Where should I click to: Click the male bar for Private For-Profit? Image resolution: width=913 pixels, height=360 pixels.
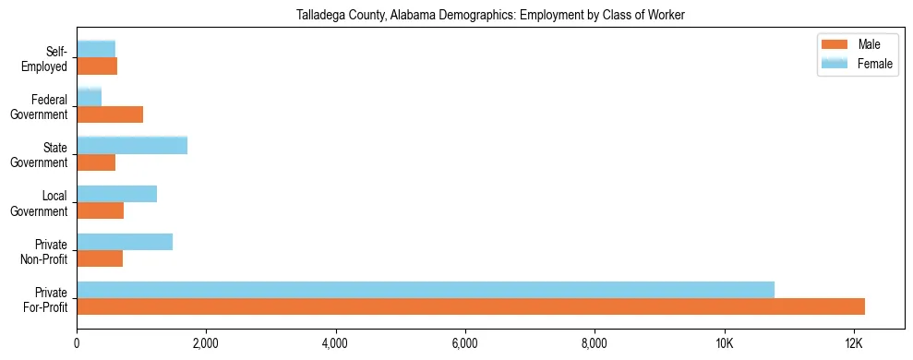[471, 306]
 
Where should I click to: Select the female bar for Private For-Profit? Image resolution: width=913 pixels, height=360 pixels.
[426, 290]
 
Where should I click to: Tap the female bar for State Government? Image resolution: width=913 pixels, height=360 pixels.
[132, 145]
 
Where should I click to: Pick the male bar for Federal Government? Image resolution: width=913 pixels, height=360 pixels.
[110, 114]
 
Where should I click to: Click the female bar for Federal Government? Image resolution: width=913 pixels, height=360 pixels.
[90, 97]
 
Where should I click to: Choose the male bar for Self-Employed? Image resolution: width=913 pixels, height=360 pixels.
[97, 66]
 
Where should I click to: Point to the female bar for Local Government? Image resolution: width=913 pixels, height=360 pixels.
[117, 194]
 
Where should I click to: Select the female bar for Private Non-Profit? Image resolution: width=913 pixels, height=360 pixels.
[125, 242]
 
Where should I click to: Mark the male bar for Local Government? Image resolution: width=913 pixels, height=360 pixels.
[101, 210]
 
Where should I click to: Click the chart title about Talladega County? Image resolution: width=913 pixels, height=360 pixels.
[490, 16]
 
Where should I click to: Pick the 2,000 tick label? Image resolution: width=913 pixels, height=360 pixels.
[206, 344]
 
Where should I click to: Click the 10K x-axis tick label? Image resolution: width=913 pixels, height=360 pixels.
[725, 344]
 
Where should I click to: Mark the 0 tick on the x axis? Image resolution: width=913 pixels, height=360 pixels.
[77, 344]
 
